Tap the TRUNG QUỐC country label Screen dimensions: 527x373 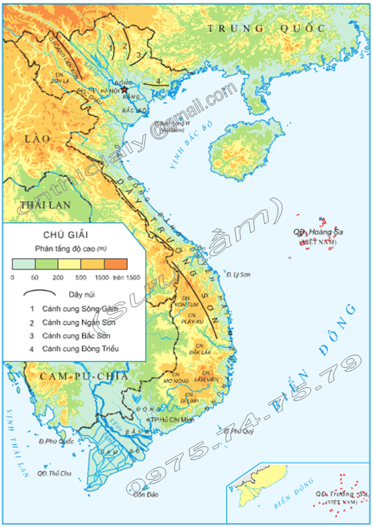point(265,28)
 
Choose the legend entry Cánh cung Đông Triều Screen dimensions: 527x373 point(79,349)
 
